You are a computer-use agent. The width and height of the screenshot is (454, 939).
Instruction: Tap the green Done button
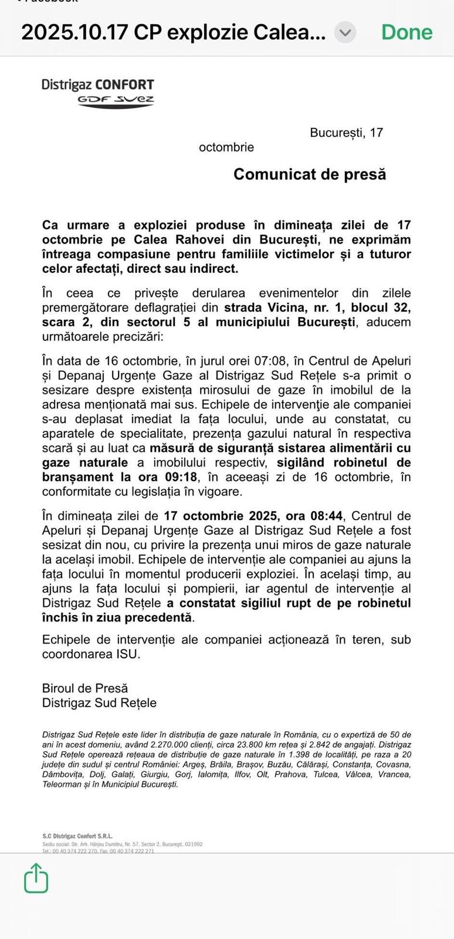click(x=406, y=32)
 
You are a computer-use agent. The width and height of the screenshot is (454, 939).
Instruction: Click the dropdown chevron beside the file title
click(x=345, y=32)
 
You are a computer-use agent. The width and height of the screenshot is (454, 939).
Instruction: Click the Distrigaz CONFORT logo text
click(x=97, y=85)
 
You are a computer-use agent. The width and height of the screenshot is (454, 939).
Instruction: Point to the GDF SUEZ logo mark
click(x=116, y=100)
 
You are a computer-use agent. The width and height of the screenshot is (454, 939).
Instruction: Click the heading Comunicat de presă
click(x=310, y=174)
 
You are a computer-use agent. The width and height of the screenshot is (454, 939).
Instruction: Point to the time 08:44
click(x=326, y=516)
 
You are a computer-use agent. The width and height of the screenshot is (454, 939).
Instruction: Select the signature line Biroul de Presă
click(x=84, y=688)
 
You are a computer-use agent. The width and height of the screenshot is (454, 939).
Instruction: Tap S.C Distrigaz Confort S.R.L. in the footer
click(x=77, y=836)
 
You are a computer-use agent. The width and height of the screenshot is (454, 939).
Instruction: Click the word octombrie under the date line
click(x=226, y=147)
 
